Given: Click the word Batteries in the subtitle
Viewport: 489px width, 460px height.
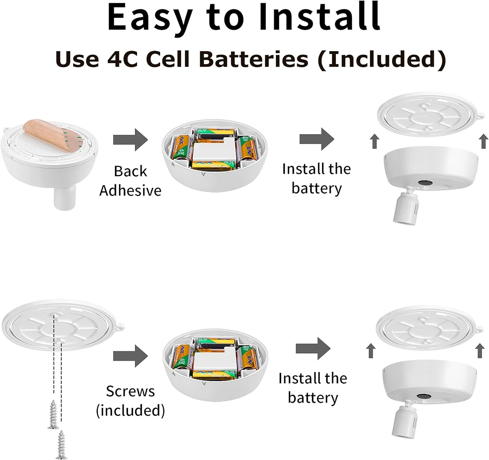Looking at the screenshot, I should (x=253, y=59).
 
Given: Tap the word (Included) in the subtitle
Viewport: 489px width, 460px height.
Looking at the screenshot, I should (x=382, y=59).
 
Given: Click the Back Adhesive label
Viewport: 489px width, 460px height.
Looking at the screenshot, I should (x=130, y=181).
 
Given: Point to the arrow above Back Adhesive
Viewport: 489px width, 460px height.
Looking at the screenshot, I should (x=130, y=140).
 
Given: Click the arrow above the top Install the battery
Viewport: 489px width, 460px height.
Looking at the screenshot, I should (x=317, y=139).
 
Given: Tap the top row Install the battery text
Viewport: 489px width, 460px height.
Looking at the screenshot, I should (x=317, y=179).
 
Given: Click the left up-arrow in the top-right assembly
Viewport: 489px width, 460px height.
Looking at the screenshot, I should (x=375, y=141).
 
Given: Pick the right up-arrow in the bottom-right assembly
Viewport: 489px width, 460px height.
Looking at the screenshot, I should (x=480, y=351).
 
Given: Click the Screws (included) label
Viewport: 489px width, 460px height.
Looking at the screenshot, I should (x=130, y=401).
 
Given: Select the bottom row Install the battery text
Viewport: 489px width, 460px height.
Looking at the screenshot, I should (x=313, y=388).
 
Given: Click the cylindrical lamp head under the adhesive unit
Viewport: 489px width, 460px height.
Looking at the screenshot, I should (x=65, y=197).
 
